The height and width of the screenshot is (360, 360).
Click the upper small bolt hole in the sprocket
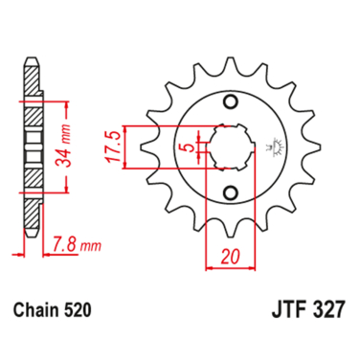click(x=230, y=102)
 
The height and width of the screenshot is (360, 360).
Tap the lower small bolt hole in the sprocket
click(x=230, y=191)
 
